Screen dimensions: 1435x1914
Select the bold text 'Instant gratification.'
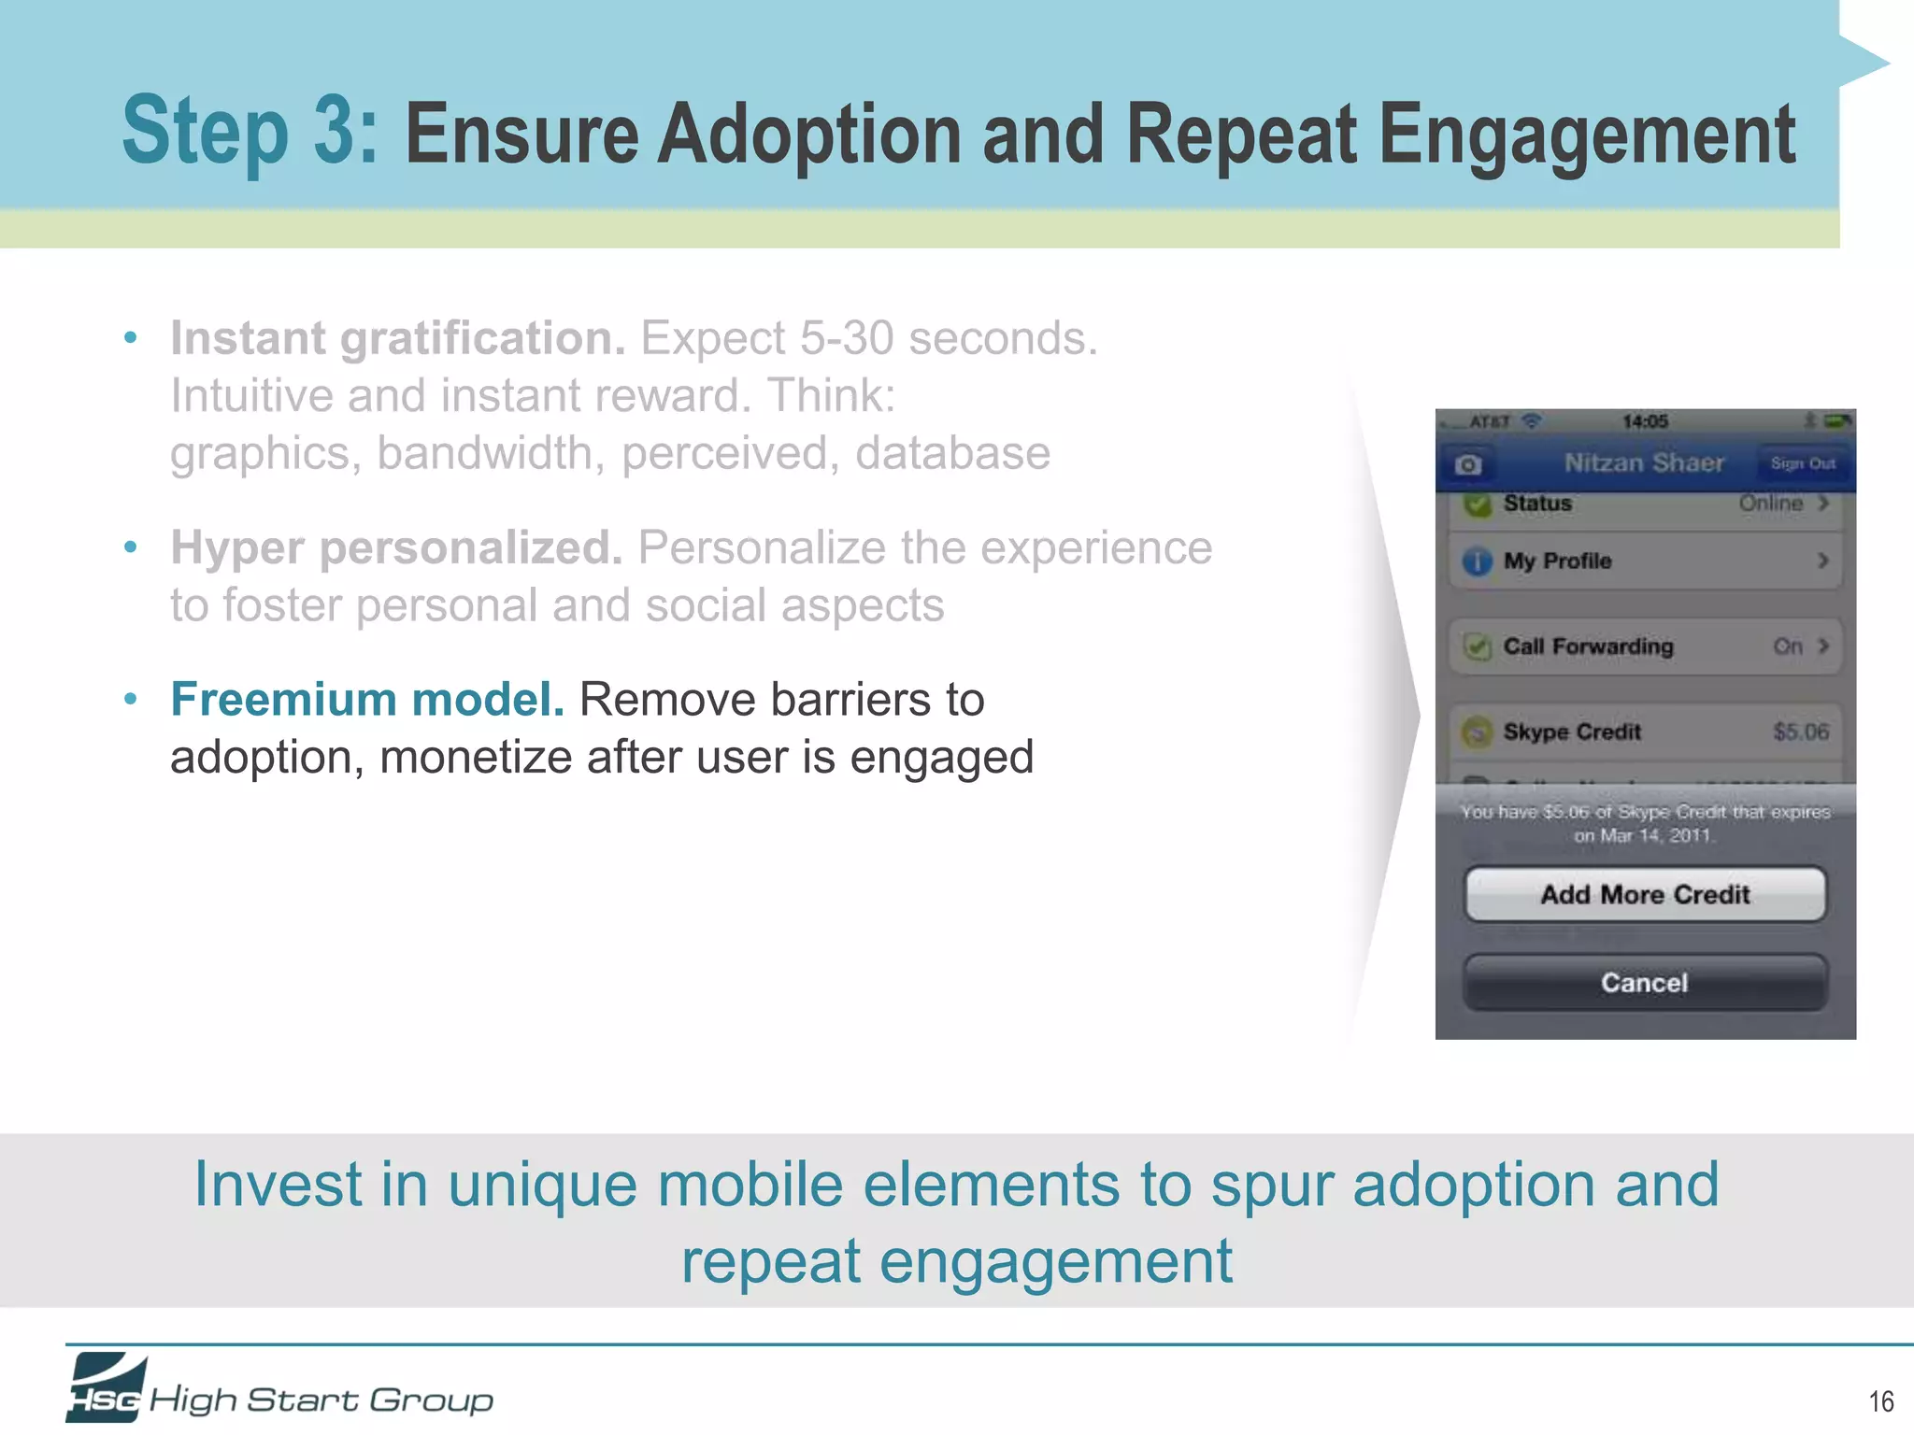pos(397,338)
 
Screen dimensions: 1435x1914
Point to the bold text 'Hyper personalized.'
pos(396,547)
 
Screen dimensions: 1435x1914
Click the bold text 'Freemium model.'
pos(367,700)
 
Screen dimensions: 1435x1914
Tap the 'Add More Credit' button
pos(1645,894)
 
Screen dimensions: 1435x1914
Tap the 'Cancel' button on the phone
pos(1645,982)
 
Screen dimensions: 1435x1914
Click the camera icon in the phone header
pos(1468,464)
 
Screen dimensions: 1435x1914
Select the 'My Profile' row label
pos(1557,561)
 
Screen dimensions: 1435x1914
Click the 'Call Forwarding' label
pos(1588,646)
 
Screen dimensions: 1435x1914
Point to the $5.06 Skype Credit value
pos(1800,732)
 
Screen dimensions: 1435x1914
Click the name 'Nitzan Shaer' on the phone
pos(1644,462)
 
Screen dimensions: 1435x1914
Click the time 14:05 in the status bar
pos(1645,421)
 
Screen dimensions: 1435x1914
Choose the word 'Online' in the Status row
pos(1770,503)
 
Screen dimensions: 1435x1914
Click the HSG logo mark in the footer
pos(106,1387)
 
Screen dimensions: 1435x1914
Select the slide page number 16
pos(1880,1401)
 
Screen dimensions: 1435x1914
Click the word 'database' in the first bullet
pos(952,453)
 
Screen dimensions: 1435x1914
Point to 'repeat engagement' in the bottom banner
pos(956,1261)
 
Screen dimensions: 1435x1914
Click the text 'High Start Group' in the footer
pos(321,1399)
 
